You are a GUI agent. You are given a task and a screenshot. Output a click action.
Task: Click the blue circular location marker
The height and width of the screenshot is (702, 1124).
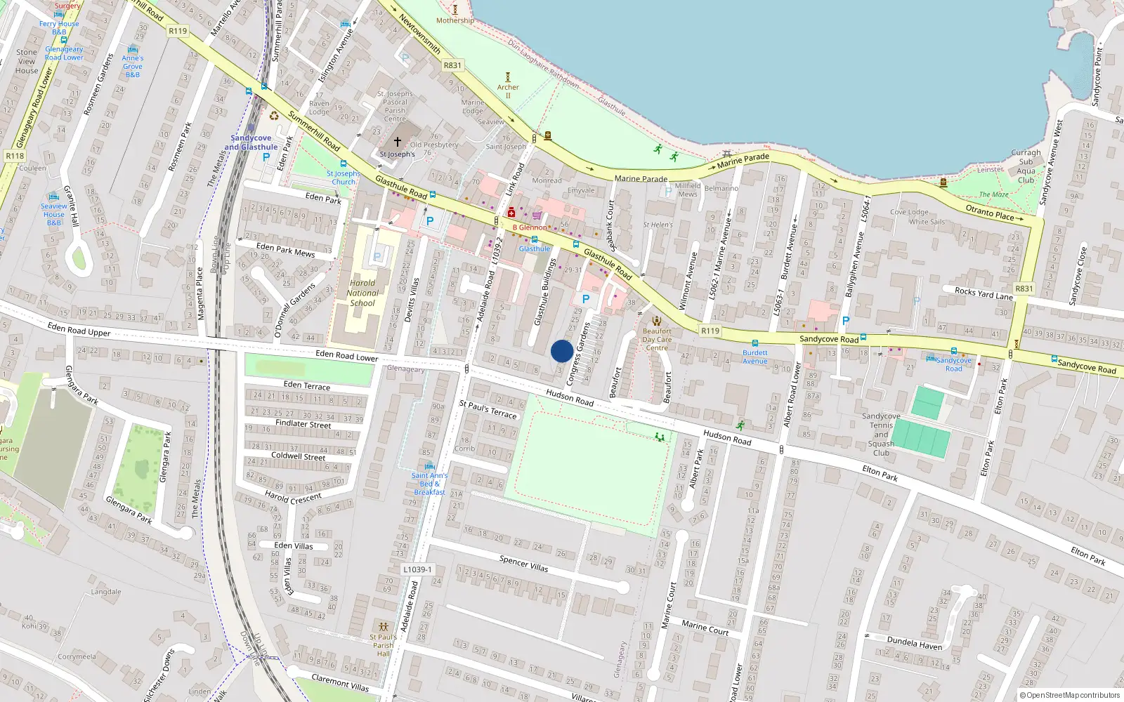(x=562, y=351)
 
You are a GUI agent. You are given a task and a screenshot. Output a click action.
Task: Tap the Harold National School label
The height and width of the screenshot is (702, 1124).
(x=362, y=293)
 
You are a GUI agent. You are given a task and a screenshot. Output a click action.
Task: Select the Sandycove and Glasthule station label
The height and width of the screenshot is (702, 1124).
(x=251, y=143)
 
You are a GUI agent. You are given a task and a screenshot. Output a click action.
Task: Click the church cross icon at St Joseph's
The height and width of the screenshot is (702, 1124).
(x=398, y=141)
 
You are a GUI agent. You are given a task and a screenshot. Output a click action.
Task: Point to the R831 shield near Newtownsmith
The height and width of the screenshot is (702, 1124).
(x=452, y=65)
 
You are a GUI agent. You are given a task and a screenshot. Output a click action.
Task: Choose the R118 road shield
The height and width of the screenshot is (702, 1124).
(x=15, y=156)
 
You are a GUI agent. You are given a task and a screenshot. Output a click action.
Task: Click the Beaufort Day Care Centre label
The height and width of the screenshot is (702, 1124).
(x=657, y=339)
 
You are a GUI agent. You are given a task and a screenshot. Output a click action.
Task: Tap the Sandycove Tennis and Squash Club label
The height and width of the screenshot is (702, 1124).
(x=881, y=435)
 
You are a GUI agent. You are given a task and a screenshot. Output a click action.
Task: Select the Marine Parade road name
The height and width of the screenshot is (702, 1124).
(x=641, y=179)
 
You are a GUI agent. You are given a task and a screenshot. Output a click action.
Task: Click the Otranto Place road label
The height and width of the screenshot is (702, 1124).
(x=989, y=213)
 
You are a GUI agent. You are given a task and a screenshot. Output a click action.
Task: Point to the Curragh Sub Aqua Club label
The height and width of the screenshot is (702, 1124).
(x=1026, y=166)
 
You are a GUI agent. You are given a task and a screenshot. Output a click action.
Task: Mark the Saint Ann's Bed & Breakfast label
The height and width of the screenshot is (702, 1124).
(x=429, y=484)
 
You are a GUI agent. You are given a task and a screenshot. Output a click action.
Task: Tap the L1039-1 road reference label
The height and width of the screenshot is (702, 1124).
(x=417, y=569)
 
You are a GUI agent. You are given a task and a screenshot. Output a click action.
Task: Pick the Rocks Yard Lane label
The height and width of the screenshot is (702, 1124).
(x=983, y=293)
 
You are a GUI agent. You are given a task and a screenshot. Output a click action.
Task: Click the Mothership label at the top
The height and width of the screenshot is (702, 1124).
(x=455, y=20)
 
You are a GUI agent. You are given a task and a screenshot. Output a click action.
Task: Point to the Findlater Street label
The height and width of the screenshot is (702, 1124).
(x=303, y=424)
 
